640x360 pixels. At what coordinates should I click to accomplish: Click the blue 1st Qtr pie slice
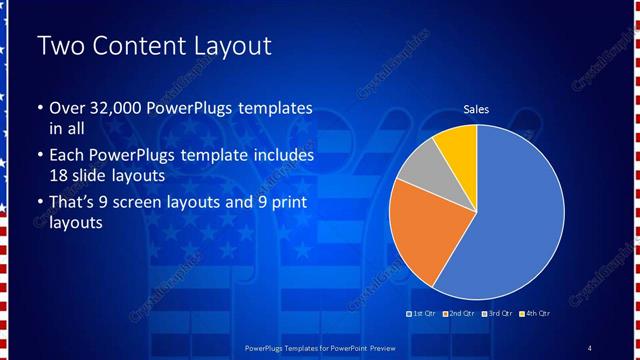click(x=510, y=230)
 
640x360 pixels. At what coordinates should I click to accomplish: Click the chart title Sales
click(x=476, y=109)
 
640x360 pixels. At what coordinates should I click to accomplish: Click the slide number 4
click(x=589, y=347)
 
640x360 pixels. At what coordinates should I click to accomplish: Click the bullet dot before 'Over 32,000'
click(x=39, y=109)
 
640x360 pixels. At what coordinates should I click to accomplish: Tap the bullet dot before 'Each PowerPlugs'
click(x=39, y=157)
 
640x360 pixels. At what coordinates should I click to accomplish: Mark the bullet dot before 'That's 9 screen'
click(x=39, y=205)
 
